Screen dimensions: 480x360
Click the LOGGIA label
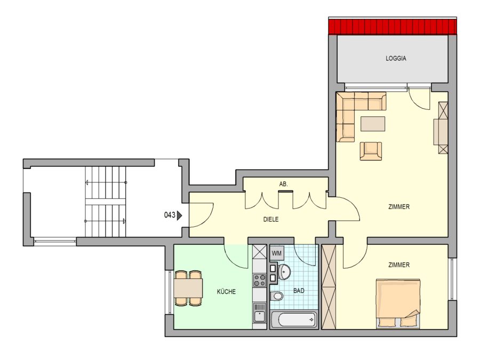tap(396, 58)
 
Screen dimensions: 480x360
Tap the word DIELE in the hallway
tap(271, 219)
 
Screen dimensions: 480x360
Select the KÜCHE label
tap(226, 291)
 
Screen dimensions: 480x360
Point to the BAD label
tap(299, 291)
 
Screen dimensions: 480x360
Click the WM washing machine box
tap(277, 253)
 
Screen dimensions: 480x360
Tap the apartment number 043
tap(170, 215)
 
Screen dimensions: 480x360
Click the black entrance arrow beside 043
tap(179, 215)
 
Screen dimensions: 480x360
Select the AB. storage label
tap(284, 184)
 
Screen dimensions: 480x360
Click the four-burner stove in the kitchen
tap(259, 280)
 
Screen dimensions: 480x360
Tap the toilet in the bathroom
tap(277, 296)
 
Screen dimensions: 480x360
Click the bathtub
tap(293, 320)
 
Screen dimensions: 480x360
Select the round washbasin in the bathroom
tap(284, 271)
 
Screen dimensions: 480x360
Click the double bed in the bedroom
tap(398, 303)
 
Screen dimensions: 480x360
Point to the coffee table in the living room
tap(373, 123)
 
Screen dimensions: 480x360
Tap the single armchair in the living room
tap(371, 151)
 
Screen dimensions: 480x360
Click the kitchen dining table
tap(188, 288)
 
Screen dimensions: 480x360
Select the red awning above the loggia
tap(393, 27)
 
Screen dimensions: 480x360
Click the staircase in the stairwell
tap(106, 202)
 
